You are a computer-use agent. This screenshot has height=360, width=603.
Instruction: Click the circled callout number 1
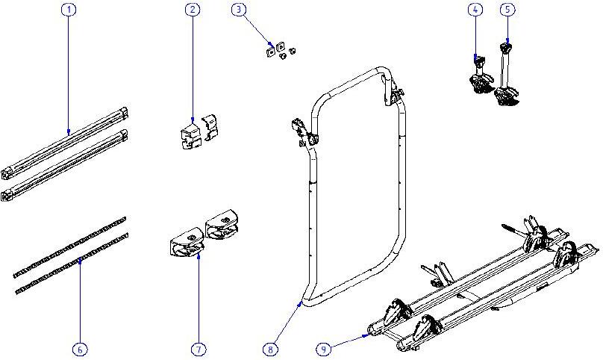[x=69, y=10]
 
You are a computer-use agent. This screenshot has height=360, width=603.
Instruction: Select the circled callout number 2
[x=193, y=10]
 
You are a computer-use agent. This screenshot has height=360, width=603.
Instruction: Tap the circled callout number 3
[x=239, y=10]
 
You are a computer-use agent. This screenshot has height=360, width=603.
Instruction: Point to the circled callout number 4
[x=475, y=10]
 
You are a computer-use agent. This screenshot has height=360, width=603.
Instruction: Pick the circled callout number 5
[x=507, y=10]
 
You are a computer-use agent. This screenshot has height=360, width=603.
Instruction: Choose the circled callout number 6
[x=80, y=350]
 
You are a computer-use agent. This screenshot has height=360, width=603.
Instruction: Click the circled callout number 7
[x=199, y=350]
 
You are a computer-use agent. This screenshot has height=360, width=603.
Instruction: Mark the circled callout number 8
[x=270, y=350]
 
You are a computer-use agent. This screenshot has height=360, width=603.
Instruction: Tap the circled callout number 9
[x=324, y=350]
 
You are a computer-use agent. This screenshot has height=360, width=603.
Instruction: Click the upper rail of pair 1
[x=64, y=143]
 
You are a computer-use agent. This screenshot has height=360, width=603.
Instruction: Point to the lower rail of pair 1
[x=64, y=166]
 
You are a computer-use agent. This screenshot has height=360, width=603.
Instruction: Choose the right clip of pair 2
[x=210, y=127]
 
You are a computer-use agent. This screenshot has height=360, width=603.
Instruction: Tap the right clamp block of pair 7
[x=222, y=224]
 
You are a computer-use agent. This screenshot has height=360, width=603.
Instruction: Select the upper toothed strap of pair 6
[x=70, y=247]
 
